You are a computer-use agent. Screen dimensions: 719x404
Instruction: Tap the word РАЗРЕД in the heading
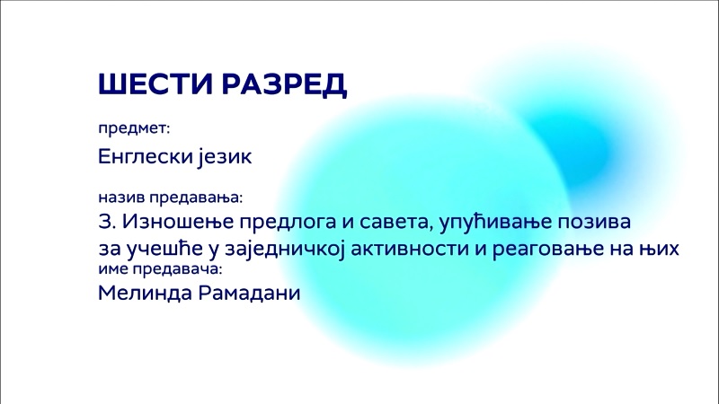(x=284, y=84)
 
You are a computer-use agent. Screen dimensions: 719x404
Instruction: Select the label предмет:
(x=134, y=128)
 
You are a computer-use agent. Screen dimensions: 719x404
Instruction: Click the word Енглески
(x=146, y=156)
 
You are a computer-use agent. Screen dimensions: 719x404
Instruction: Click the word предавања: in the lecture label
(x=196, y=198)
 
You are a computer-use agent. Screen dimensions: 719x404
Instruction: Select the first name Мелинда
(x=145, y=294)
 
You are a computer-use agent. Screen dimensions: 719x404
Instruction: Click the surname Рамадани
(x=249, y=294)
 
